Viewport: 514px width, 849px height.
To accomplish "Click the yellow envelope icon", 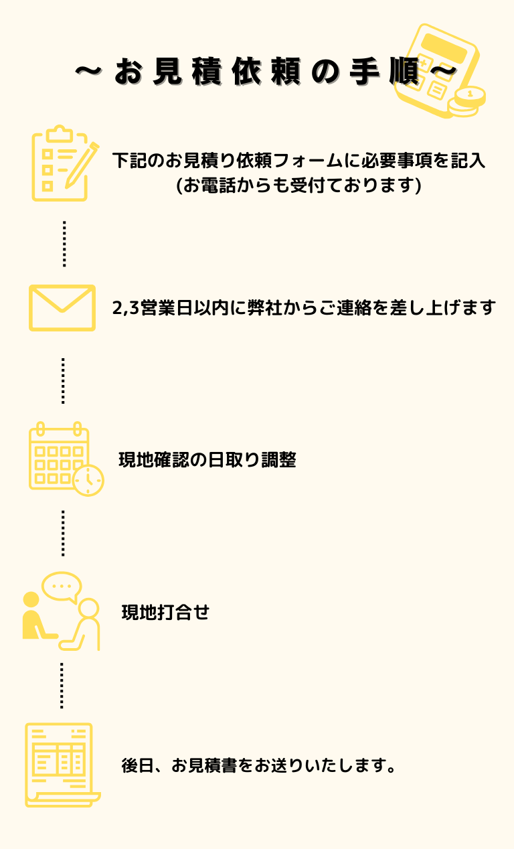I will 62,308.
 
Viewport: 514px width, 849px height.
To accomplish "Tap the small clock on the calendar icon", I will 88,481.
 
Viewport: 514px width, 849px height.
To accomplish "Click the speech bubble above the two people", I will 62,586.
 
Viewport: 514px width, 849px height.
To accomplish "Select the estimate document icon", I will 60,765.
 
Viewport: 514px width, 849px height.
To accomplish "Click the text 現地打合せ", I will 165,612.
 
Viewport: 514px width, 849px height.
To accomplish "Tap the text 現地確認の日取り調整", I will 207,460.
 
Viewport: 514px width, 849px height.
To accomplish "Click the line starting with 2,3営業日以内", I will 304,307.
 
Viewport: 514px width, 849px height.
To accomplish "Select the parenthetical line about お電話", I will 298,185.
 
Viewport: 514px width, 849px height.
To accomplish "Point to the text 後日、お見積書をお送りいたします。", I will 260,765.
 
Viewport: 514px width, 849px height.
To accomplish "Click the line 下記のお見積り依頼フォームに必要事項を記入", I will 298,161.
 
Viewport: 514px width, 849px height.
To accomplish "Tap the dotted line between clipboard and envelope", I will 64,244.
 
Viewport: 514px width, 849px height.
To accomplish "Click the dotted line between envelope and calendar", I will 63,380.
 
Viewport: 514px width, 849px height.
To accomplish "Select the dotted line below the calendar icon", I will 63,533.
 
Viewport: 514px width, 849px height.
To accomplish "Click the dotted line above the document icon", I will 62,686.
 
